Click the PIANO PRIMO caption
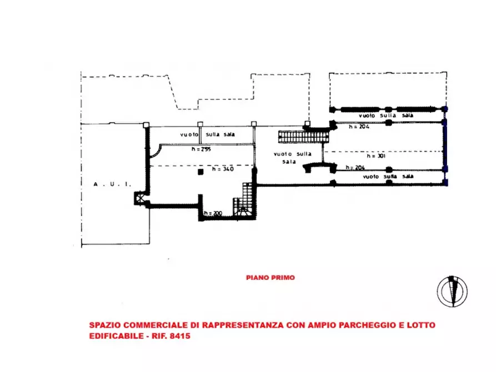coord(270,278)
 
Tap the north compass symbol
coord(452,291)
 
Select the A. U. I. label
coord(112,184)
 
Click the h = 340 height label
coord(223,169)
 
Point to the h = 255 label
coord(201,149)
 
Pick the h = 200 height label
coord(213,213)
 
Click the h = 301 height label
coord(376,156)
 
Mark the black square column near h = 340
coord(201,172)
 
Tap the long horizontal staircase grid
coord(304,137)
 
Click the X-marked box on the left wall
coord(139,198)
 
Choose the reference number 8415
coord(180,336)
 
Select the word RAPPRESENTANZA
coord(243,325)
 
